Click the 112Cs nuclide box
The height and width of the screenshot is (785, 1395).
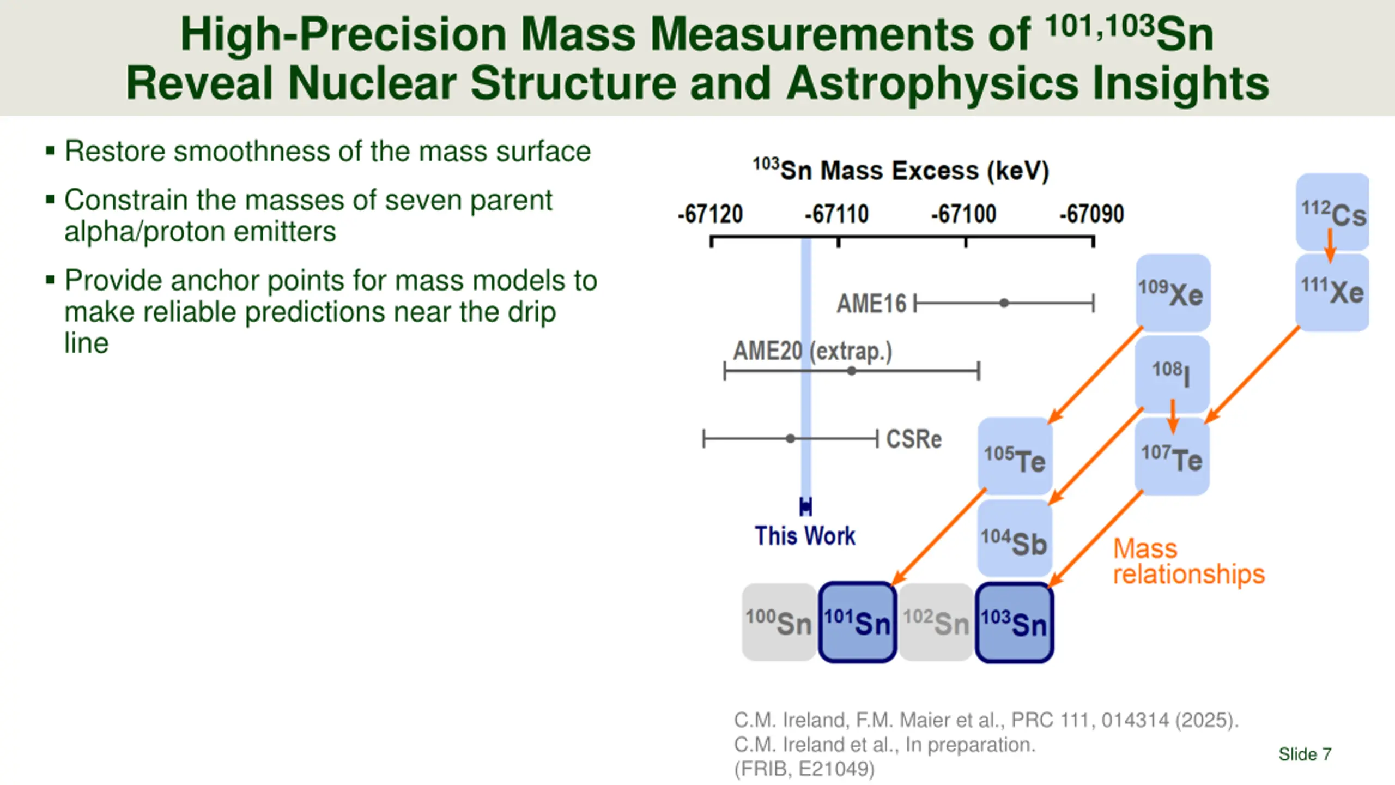click(1332, 212)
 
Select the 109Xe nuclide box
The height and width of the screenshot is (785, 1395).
click(1173, 293)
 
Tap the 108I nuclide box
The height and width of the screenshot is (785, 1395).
click(1172, 374)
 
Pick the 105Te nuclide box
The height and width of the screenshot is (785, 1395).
click(1015, 456)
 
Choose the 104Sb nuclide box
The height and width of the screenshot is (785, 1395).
click(1015, 539)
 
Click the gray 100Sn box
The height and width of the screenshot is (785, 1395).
click(779, 623)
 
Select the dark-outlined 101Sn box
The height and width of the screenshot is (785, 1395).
click(857, 623)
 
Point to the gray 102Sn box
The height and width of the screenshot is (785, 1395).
click(936, 623)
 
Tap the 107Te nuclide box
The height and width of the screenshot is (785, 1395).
click(1172, 456)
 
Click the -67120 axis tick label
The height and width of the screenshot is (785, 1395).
click(710, 214)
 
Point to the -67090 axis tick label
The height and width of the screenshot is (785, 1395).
click(1091, 214)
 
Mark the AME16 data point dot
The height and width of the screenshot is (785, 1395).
click(1004, 303)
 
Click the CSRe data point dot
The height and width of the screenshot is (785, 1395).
click(790, 438)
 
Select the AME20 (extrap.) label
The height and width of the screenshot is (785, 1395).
click(812, 351)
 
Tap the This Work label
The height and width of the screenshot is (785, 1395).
click(805, 536)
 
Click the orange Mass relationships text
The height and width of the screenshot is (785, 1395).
click(1188, 561)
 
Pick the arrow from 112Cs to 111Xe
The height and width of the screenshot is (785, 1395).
click(1330, 245)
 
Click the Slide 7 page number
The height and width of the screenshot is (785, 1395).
click(1305, 754)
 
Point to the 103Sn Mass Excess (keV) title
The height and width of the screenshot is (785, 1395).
click(901, 171)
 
